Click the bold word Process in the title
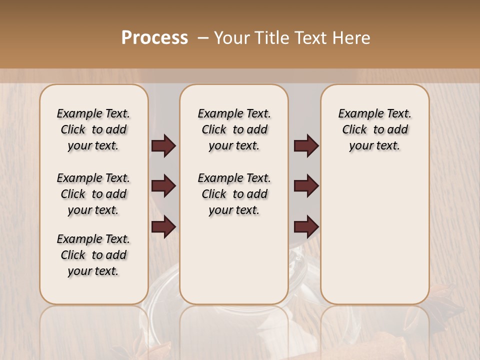154,38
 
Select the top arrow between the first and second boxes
163,146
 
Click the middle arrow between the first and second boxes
163,186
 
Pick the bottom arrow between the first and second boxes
163,226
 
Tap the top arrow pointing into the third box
306,146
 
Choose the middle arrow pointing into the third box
306,186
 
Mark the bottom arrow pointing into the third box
306,226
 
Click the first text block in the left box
93,129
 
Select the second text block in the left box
93,194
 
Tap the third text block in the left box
93,255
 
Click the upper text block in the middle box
234,129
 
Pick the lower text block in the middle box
234,194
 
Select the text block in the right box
374,129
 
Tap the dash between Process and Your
202,38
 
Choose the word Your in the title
232,38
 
